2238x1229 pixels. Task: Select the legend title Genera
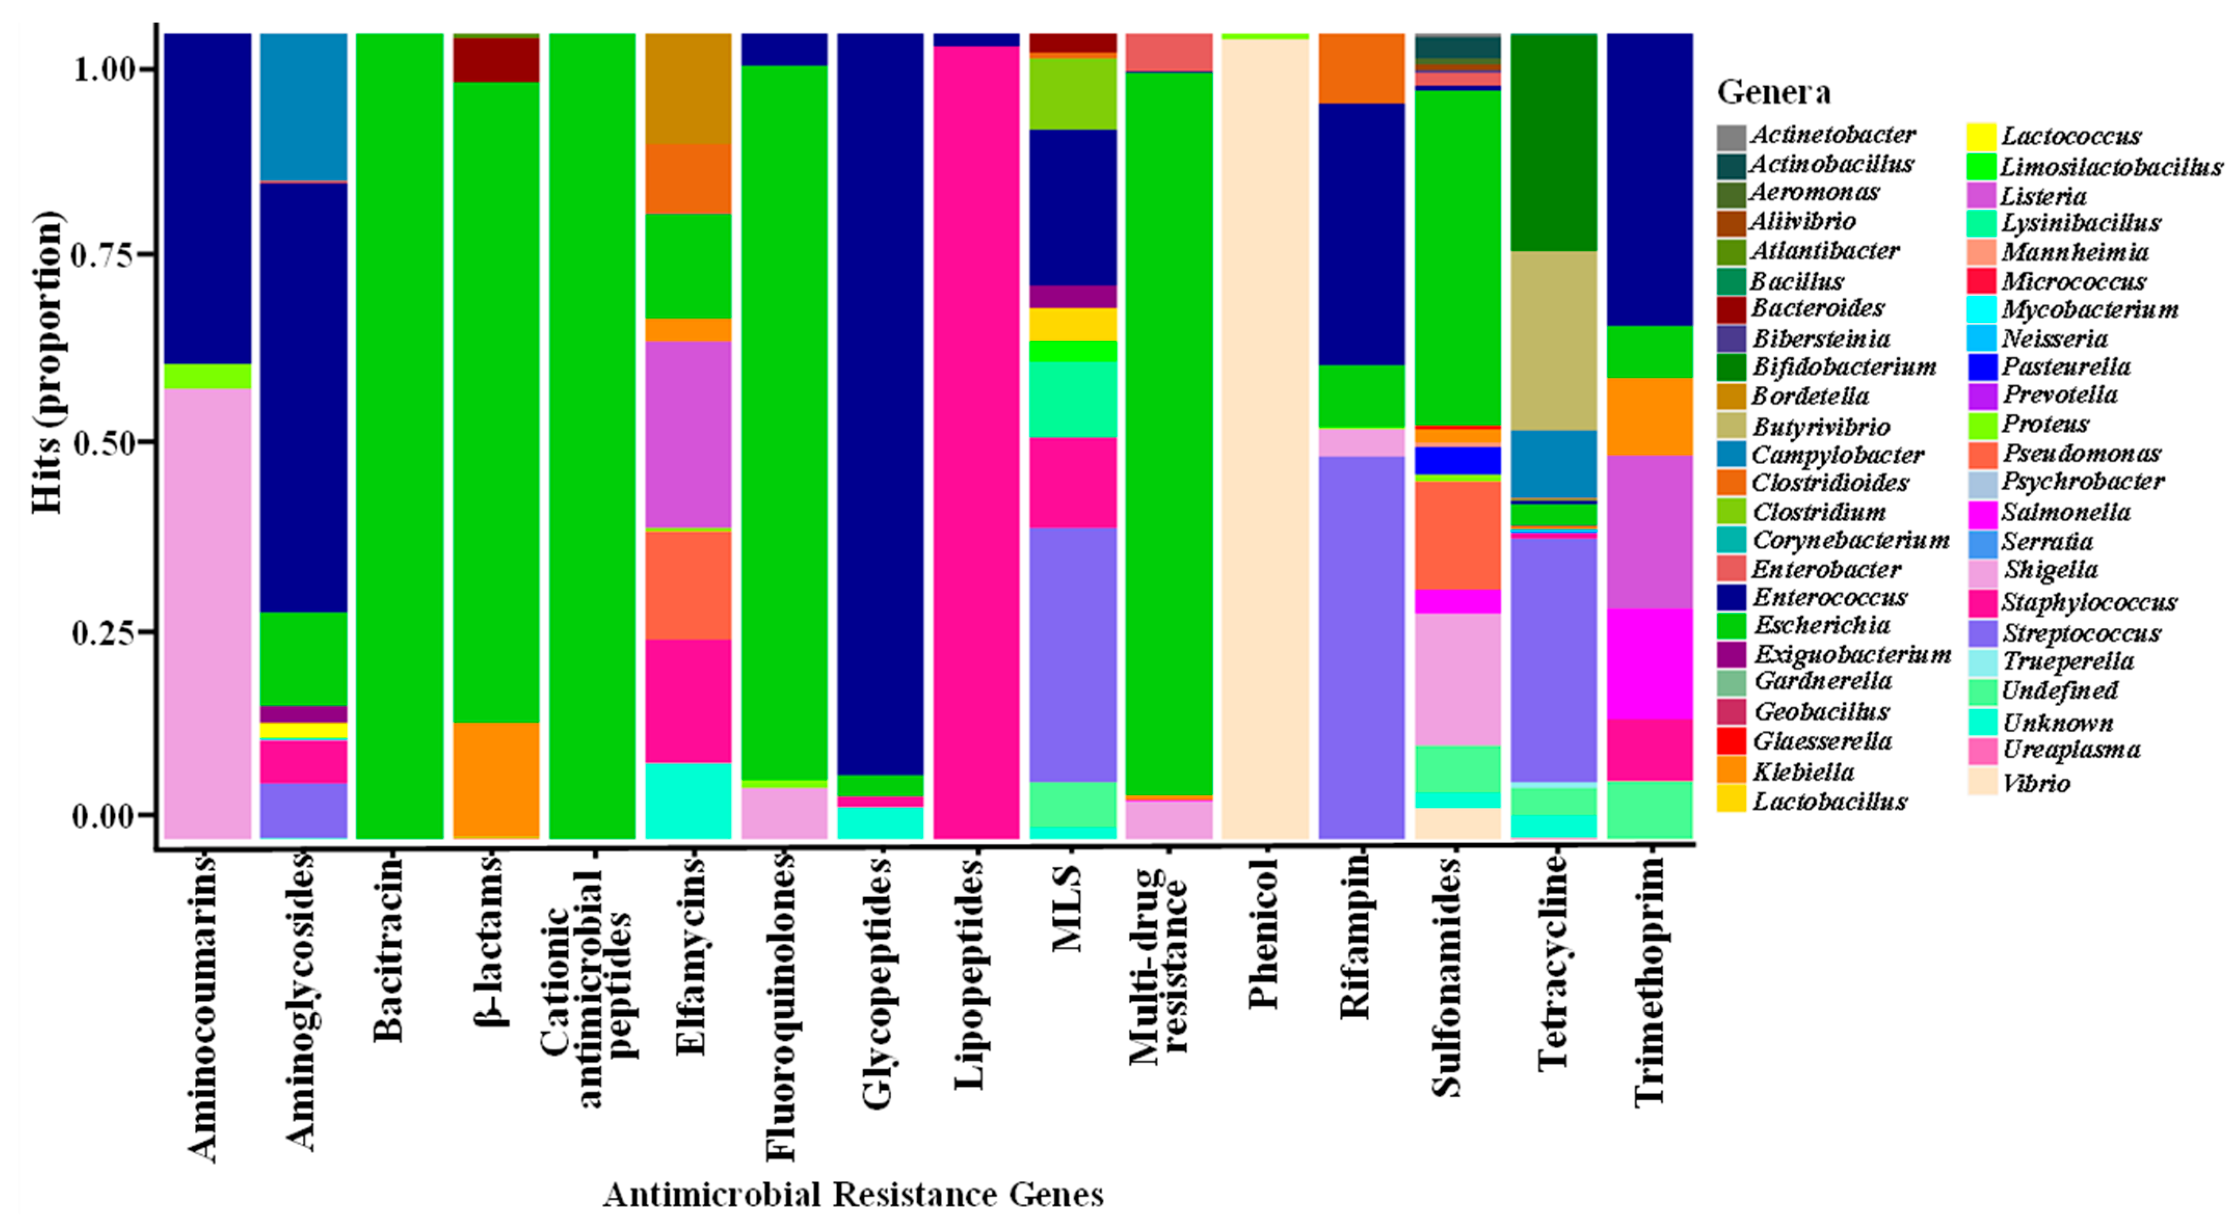(1773, 92)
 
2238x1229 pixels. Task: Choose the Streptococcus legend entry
(2081, 632)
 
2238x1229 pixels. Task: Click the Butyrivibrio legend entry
(1820, 426)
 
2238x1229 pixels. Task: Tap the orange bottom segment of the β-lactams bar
(496, 779)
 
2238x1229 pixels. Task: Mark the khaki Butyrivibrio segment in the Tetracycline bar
(1553, 341)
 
